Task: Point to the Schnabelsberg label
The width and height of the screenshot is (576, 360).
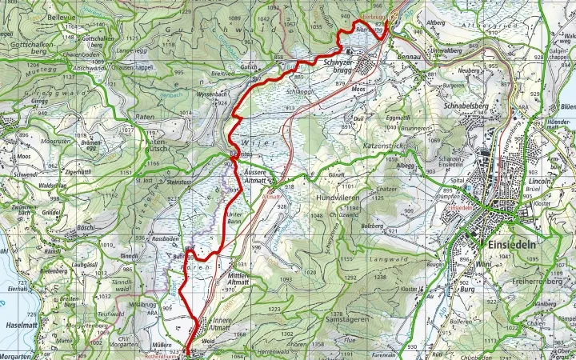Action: [463, 105]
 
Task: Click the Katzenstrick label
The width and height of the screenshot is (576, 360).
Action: [387, 147]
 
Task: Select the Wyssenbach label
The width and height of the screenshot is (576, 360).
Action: [190, 94]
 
